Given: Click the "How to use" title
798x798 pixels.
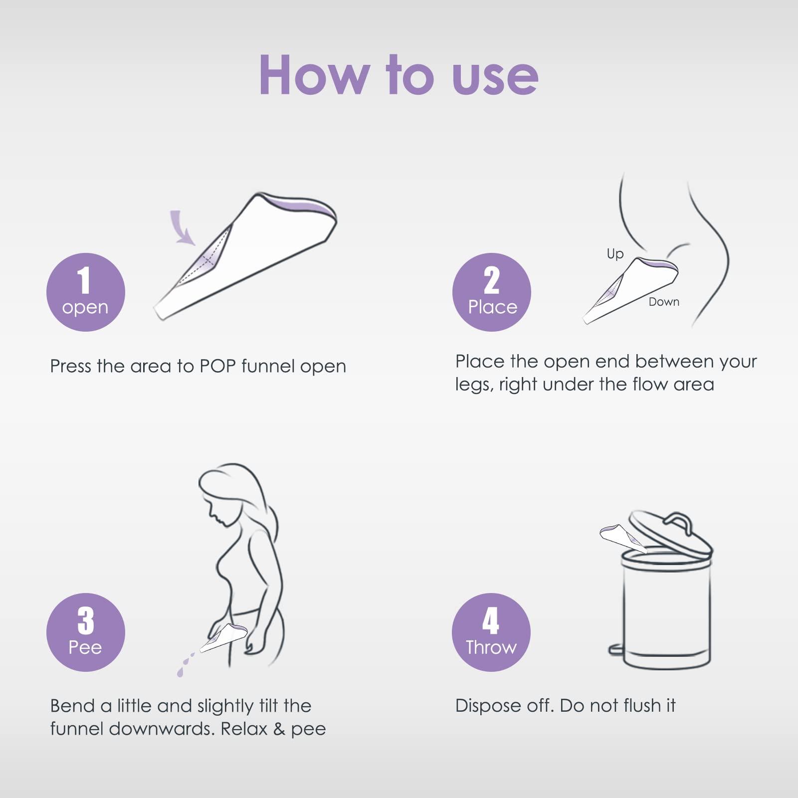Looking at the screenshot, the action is pyautogui.click(x=399, y=75).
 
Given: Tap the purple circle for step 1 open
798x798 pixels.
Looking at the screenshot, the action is pyautogui.click(x=85, y=292).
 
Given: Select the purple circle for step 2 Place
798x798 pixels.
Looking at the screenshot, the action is pyautogui.click(x=491, y=292).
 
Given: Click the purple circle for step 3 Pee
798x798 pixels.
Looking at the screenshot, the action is pyautogui.click(x=85, y=632).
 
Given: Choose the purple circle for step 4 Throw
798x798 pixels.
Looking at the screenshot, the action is pyautogui.click(x=491, y=632).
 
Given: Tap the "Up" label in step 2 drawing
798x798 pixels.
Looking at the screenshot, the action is pyautogui.click(x=615, y=254).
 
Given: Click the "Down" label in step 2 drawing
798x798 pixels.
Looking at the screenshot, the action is pyautogui.click(x=664, y=302).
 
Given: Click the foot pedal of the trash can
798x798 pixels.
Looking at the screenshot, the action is pyautogui.click(x=615, y=649).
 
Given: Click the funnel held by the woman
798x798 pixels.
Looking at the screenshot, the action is pyautogui.click(x=223, y=637).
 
